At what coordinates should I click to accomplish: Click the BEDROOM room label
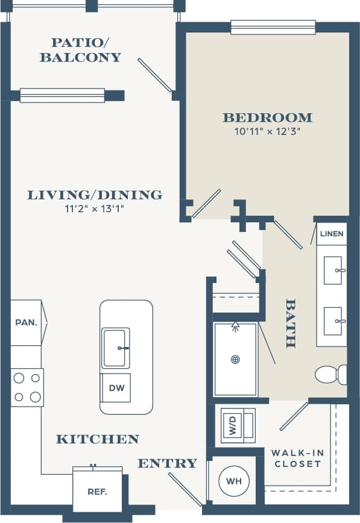[x=267, y=117]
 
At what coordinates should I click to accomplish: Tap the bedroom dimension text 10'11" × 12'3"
[x=267, y=131]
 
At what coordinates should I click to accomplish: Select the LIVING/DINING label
[x=95, y=195]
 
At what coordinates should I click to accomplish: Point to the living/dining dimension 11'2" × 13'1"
[x=95, y=208]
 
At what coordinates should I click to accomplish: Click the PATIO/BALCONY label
[x=80, y=50]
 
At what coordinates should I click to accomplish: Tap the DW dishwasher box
[x=116, y=388]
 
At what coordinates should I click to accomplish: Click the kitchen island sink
[x=115, y=348]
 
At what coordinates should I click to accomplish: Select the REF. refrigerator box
[x=97, y=491]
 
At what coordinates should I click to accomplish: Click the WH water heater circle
[x=235, y=482]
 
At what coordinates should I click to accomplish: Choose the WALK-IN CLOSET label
[x=296, y=458]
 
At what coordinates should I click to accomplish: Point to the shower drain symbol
[x=235, y=360]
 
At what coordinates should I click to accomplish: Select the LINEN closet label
[x=332, y=234]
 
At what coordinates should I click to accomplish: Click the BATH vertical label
[x=291, y=323]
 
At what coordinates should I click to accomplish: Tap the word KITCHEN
[x=97, y=439]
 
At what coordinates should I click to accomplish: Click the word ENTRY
[x=167, y=463]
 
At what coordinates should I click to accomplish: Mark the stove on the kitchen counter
[x=27, y=387]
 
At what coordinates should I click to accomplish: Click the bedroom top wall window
[x=273, y=27]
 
